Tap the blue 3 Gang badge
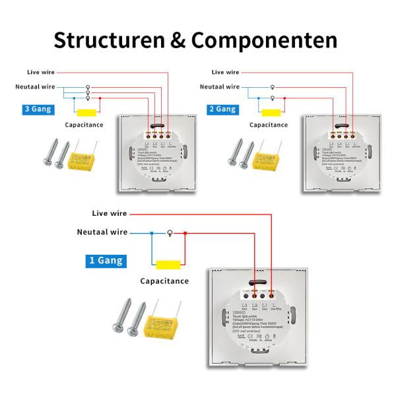click(x=37, y=109)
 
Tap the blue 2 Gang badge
click(x=222, y=109)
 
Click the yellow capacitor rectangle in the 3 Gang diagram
click(x=86, y=111)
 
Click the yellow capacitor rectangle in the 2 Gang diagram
click(x=272, y=111)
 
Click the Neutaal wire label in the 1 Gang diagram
click(x=102, y=232)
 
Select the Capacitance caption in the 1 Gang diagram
click(x=164, y=281)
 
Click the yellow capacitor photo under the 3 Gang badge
click(x=83, y=154)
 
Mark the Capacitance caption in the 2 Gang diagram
click(x=269, y=124)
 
